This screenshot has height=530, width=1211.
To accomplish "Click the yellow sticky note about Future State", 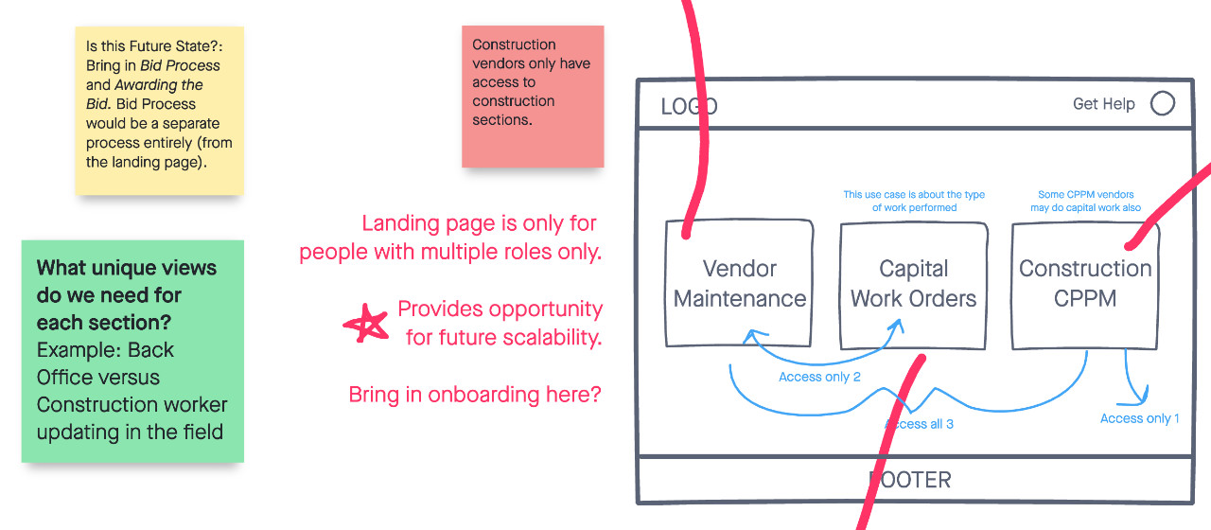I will tap(159, 110).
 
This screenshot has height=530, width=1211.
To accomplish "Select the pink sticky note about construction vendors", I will tap(533, 97).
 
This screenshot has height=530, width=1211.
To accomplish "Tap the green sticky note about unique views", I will tap(132, 351).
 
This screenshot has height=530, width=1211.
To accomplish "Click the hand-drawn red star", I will tap(366, 325).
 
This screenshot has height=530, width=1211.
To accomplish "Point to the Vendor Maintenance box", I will tap(739, 284).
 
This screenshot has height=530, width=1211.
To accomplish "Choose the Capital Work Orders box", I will tap(913, 284).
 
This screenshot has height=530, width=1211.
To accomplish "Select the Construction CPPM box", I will tap(1084, 284).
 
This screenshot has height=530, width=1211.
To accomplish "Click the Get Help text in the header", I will tap(1103, 104).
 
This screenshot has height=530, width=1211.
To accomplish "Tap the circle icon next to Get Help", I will tap(1163, 104).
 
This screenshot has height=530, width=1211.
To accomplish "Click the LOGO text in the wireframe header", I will tap(689, 107).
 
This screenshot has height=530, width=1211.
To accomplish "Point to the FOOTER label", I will tap(910, 480).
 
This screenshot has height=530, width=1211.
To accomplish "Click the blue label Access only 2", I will tap(819, 377).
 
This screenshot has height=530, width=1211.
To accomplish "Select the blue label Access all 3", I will tap(920, 424).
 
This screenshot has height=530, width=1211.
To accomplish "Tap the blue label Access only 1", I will tap(1139, 418).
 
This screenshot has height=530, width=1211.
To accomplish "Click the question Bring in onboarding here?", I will tap(475, 395).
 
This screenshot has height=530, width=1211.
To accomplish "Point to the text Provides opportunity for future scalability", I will tap(500, 323).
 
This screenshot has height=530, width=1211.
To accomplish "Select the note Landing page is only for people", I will tap(450, 238).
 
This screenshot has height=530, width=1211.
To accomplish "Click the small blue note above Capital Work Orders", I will tap(914, 201).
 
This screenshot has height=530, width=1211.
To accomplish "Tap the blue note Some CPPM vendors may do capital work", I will tap(1085, 201).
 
